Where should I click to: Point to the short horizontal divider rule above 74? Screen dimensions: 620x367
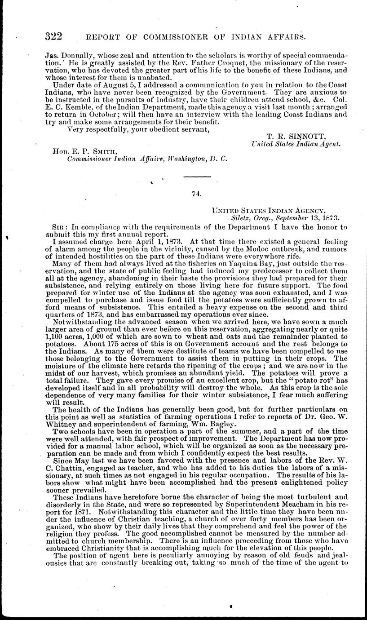click(x=196, y=176)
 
